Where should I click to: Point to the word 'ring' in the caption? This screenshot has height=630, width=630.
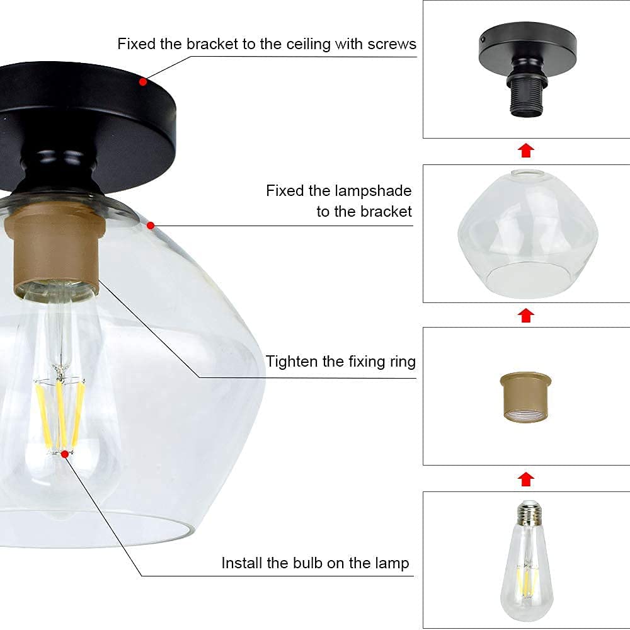coord(403,362)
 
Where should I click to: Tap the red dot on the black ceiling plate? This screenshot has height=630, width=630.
coord(143,82)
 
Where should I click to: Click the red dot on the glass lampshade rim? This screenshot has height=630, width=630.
coord(151,226)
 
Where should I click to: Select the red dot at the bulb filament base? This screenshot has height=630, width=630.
coord(65,454)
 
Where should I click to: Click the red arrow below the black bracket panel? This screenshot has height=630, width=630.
coord(526,151)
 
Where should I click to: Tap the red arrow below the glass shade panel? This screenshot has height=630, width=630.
coord(526,316)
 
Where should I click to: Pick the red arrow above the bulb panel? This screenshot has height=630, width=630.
coord(526,479)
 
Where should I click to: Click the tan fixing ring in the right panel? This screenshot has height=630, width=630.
coord(525,397)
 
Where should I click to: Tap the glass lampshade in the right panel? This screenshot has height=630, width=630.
coord(527,234)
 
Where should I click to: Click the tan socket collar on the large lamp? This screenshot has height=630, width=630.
coord(55,249)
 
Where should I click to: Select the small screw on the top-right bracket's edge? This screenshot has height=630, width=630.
coord(483,40)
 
